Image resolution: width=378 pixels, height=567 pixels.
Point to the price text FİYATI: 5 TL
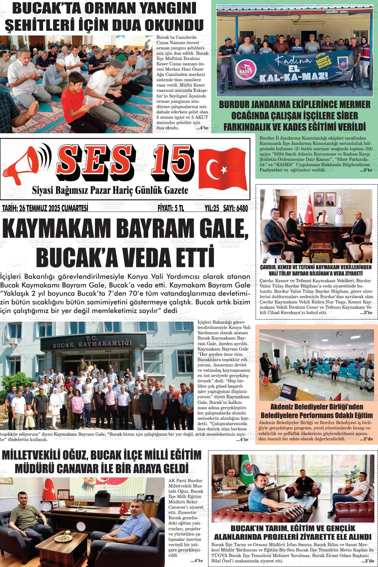point(170,208)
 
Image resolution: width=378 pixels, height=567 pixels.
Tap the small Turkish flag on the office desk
point(123,507)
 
